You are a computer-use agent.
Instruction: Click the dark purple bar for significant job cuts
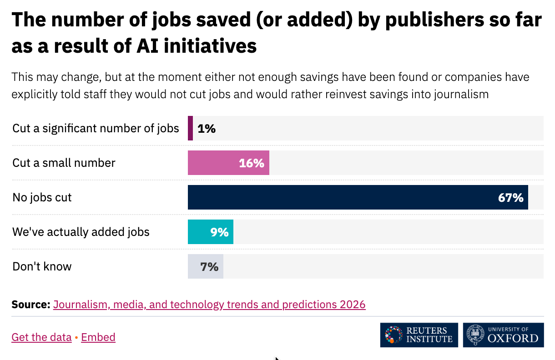190,128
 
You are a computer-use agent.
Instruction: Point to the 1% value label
207,129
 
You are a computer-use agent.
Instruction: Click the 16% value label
252,163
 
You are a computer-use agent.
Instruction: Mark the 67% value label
510,198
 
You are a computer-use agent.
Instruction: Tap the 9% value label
219,232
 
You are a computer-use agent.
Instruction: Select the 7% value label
210,267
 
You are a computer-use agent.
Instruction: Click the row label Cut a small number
64,163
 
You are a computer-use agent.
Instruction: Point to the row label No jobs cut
42,197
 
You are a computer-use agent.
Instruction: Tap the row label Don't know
42,266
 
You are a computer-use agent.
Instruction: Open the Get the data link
41,337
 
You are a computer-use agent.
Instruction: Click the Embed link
98,337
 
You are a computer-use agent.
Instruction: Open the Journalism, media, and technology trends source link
209,304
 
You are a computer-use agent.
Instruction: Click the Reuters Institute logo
419,335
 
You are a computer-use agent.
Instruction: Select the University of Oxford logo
503,335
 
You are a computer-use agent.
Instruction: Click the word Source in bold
30,304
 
